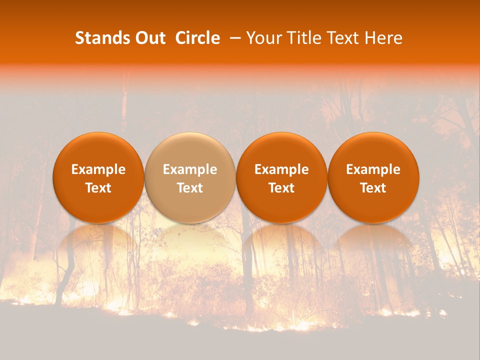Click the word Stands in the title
click(102, 38)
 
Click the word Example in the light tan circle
click(190, 169)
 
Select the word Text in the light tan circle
click(190, 188)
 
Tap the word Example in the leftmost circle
click(98, 169)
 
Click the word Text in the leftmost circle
click(98, 188)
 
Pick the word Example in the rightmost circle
click(373, 169)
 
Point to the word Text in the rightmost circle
click(373, 188)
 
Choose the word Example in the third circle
click(281, 169)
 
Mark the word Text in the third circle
click(281, 188)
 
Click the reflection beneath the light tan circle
click(190, 240)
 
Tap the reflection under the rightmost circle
click(373, 240)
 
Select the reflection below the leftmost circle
click(98, 240)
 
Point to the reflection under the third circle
click(281, 240)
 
